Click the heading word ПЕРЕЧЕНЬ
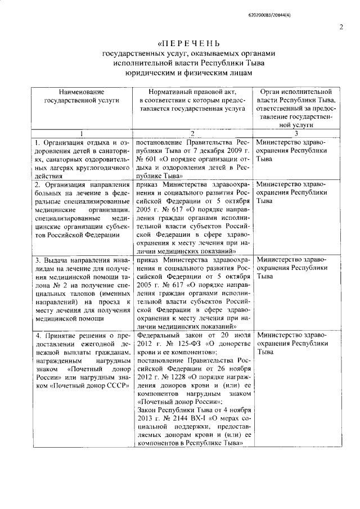(190, 44)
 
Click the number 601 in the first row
(152, 159)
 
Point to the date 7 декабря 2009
(201, 151)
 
